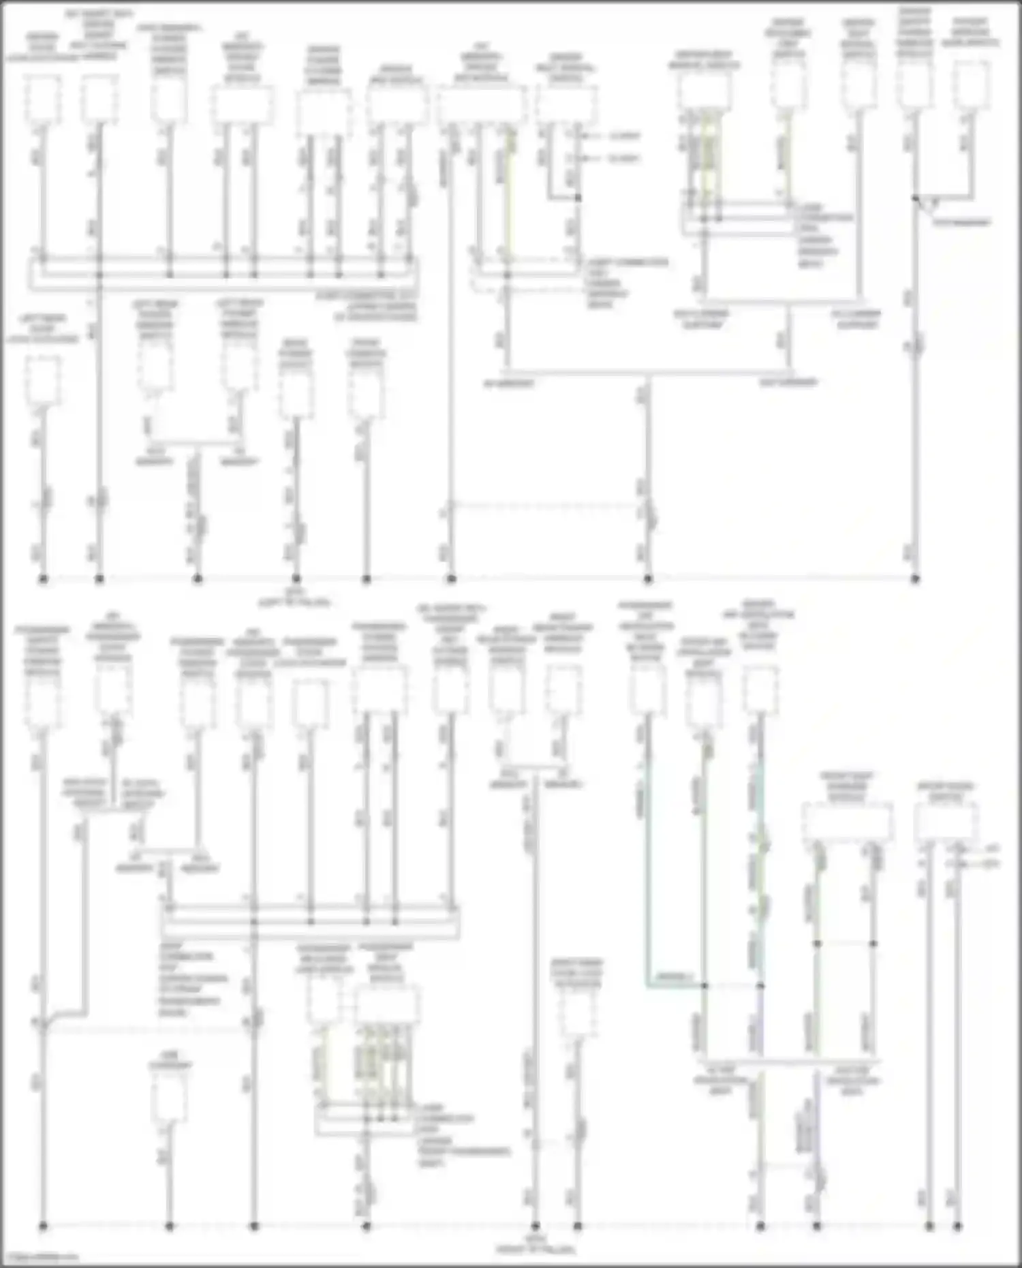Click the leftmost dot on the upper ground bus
[x=43, y=579]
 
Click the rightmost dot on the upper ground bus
[x=915, y=579]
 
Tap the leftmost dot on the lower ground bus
[x=43, y=1226]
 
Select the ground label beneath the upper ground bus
[x=294, y=598]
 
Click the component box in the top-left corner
[x=43, y=99]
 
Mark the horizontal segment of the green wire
[x=675, y=985]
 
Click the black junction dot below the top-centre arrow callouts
[x=578, y=198]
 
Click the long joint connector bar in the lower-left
[x=310, y=922]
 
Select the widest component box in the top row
[x=482, y=106]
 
